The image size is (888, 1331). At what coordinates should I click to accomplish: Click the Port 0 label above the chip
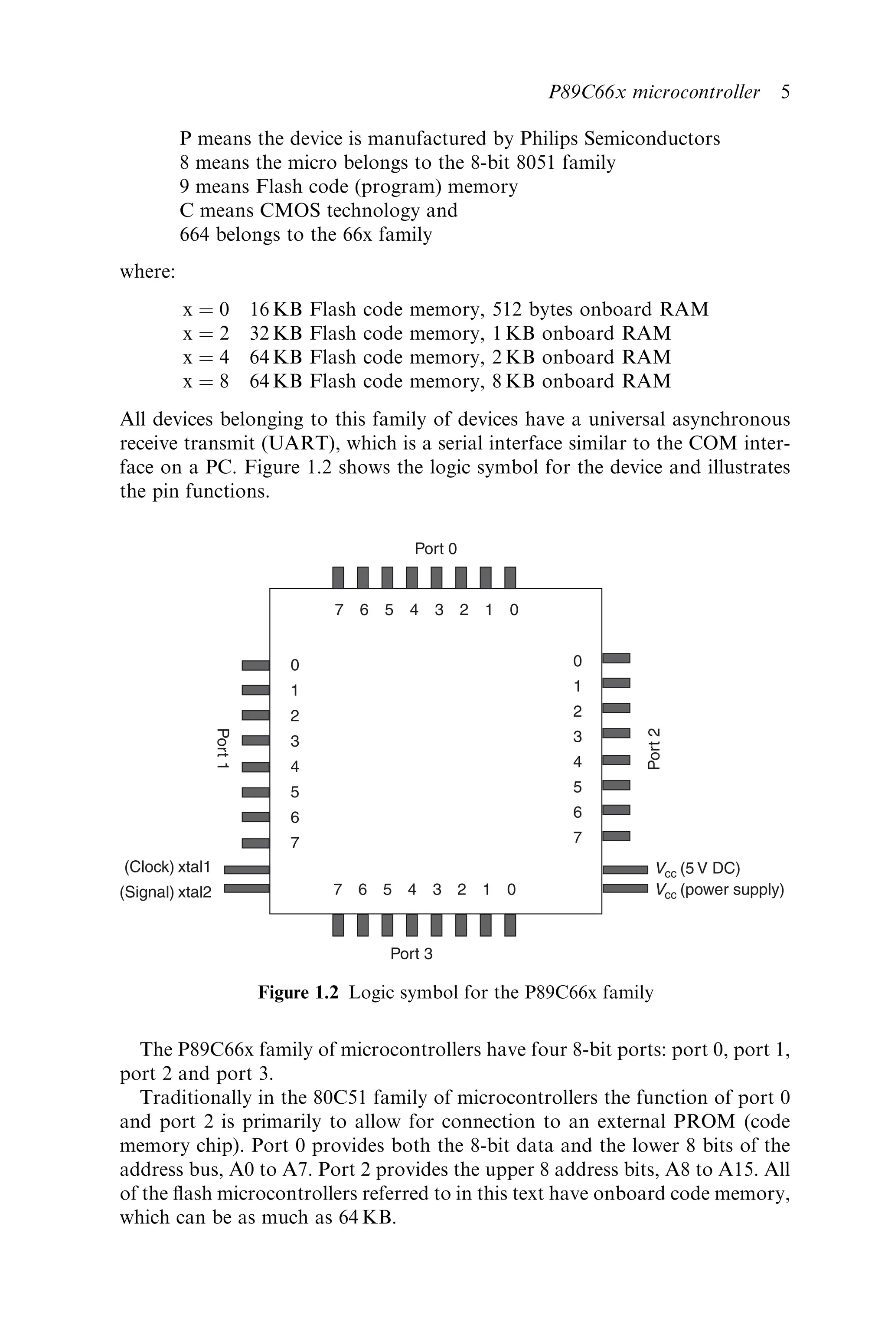coord(435,548)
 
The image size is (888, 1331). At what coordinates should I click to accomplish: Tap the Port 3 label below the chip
coord(411,954)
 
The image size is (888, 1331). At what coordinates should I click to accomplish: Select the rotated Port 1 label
coord(222,748)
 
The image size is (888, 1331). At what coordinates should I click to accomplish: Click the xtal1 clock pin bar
coord(246,870)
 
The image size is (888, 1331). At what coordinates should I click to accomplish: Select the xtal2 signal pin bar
coord(246,888)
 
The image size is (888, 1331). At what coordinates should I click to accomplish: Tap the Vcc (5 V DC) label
coord(698,869)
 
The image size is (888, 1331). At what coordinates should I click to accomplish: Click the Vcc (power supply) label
coord(720,890)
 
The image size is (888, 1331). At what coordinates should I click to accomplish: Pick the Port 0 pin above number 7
coord(338,577)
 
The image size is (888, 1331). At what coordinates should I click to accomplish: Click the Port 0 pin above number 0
coord(510,577)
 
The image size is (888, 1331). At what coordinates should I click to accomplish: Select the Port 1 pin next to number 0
coord(255,665)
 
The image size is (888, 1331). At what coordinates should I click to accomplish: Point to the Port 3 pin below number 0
coord(510,925)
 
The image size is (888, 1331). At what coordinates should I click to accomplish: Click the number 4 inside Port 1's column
coord(294,767)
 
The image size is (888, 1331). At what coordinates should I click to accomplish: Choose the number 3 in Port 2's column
coord(577,737)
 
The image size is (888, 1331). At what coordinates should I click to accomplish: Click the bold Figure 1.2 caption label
coord(298,992)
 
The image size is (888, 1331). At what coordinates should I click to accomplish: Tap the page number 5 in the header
coord(785,92)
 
